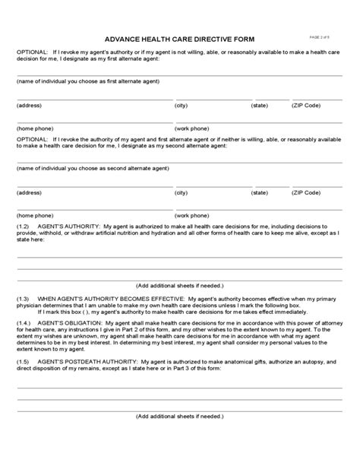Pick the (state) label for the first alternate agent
[260, 105]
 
